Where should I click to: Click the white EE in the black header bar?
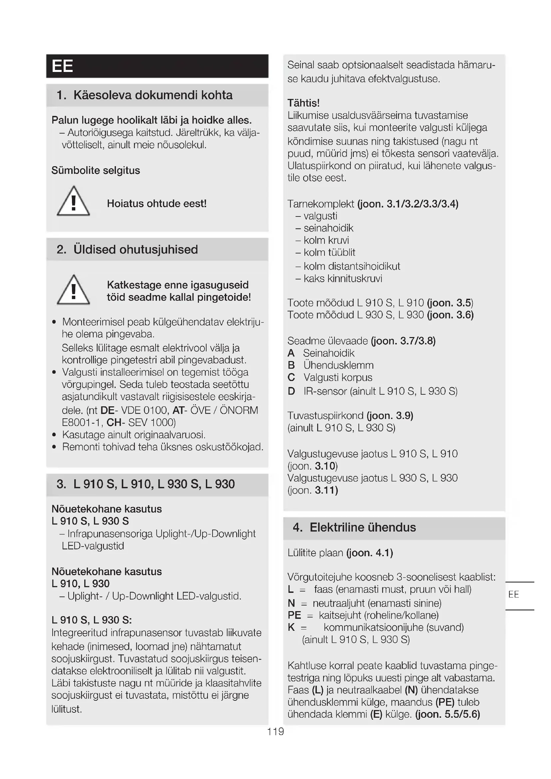click(62, 66)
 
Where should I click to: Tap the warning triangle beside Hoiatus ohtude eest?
click(73, 201)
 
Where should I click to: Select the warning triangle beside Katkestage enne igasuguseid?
click(73, 290)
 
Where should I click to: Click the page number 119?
click(275, 731)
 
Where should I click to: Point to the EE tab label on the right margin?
click(513, 594)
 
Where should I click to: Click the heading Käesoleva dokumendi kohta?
click(153, 95)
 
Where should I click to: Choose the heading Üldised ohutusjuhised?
click(135, 249)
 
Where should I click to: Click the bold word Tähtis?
click(303, 103)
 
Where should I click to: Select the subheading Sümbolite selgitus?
click(96, 170)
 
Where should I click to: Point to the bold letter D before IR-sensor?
click(291, 391)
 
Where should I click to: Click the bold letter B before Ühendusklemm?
click(291, 365)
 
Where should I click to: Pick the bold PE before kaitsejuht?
click(294, 615)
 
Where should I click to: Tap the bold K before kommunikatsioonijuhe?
click(291, 627)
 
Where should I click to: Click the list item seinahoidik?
click(328, 228)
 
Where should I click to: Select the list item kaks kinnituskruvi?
click(343, 278)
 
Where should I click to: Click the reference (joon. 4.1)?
click(369, 553)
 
